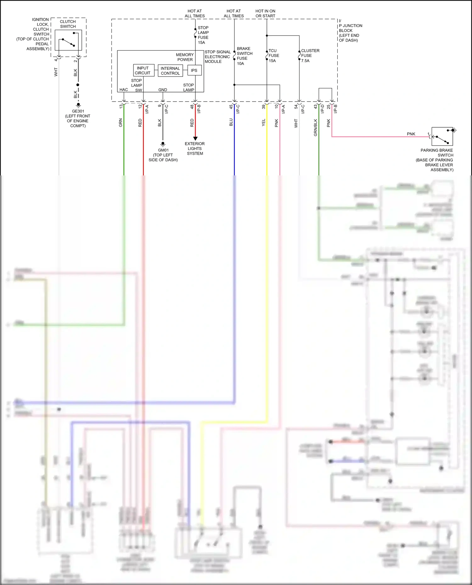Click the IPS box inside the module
coord(194,70)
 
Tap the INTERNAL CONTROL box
coord(170,71)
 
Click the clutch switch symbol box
coord(68,40)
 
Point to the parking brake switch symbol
coord(442,137)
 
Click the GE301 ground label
coord(78,111)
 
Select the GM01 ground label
coord(163,150)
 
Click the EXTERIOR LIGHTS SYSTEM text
coord(195,149)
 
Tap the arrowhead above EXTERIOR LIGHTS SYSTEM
coord(195,138)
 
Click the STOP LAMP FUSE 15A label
coord(203,35)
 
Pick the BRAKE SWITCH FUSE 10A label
coord(244,56)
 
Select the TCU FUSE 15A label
coord(273,56)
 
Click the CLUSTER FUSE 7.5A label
coord(310,56)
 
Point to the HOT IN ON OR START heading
coord(265,14)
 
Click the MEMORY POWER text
coord(185,57)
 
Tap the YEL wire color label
coord(263,123)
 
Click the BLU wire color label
coord(231,122)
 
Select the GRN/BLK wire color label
coord(315,127)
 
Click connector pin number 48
coord(192,107)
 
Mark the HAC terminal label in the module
coord(124,90)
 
